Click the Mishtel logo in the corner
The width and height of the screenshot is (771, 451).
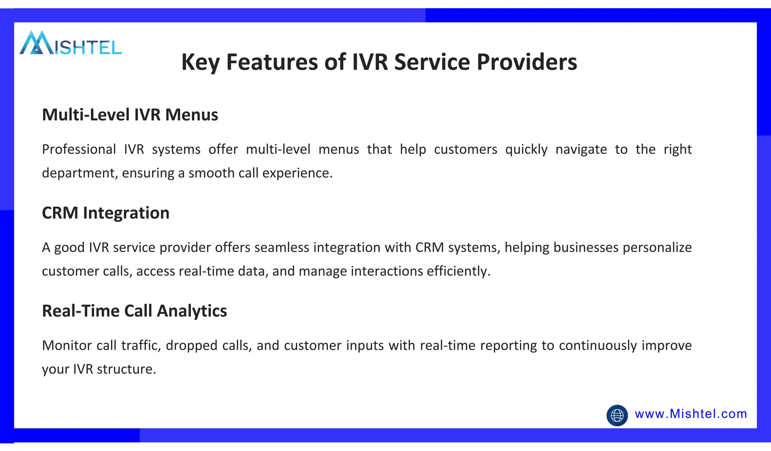point(70,43)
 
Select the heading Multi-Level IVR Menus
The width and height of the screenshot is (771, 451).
point(130,115)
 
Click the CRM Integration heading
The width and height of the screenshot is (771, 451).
point(105,213)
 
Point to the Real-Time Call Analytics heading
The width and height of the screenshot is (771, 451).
point(134,311)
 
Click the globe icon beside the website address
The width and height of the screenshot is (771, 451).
point(617,415)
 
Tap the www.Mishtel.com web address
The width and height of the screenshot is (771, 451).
point(691,414)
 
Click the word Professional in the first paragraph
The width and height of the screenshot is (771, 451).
point(79,150)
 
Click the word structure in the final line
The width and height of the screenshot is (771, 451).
point(126,369)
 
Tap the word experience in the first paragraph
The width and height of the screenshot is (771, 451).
point(297,173)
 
